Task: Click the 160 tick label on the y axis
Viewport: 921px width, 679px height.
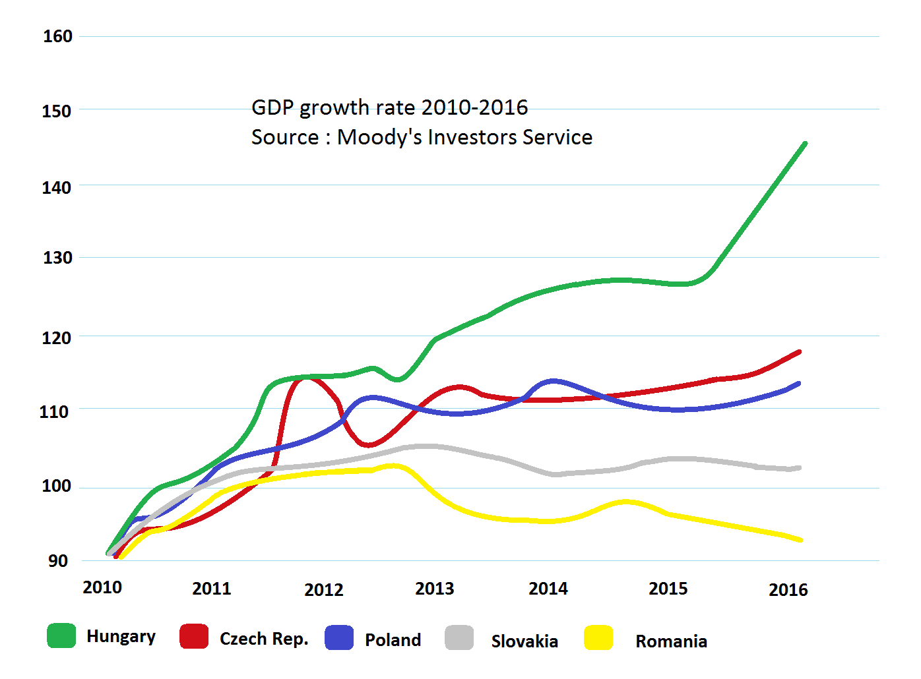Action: point(57,36)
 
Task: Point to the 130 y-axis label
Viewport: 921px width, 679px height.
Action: point(57,258)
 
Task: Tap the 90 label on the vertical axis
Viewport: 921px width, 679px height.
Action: point(57,561)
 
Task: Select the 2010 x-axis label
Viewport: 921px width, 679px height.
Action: point(102,587)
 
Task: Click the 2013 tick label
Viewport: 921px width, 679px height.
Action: point(435,589)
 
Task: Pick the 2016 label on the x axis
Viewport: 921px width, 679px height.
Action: point(788,590)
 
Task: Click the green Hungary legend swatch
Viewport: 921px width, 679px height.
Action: point(61,635)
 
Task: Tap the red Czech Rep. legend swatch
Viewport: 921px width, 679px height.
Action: point(194,636)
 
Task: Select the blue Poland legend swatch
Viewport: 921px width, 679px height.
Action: point(339,637)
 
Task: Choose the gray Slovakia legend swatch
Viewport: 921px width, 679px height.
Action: point(459,637)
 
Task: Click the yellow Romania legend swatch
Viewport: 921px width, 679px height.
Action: point(598,637)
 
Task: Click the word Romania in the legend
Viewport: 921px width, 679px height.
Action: point(672,641)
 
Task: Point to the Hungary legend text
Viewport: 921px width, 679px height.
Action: point(121,637)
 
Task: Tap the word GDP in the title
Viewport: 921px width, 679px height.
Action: point(272,107)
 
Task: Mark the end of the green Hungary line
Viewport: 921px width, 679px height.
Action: point(805,144)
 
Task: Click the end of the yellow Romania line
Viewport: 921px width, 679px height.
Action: point(800,540)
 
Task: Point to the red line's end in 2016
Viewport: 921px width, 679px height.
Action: point(799,353)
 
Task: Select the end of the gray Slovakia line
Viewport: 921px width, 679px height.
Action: point(799,468)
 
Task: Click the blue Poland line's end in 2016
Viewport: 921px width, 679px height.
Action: point(798,384)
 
